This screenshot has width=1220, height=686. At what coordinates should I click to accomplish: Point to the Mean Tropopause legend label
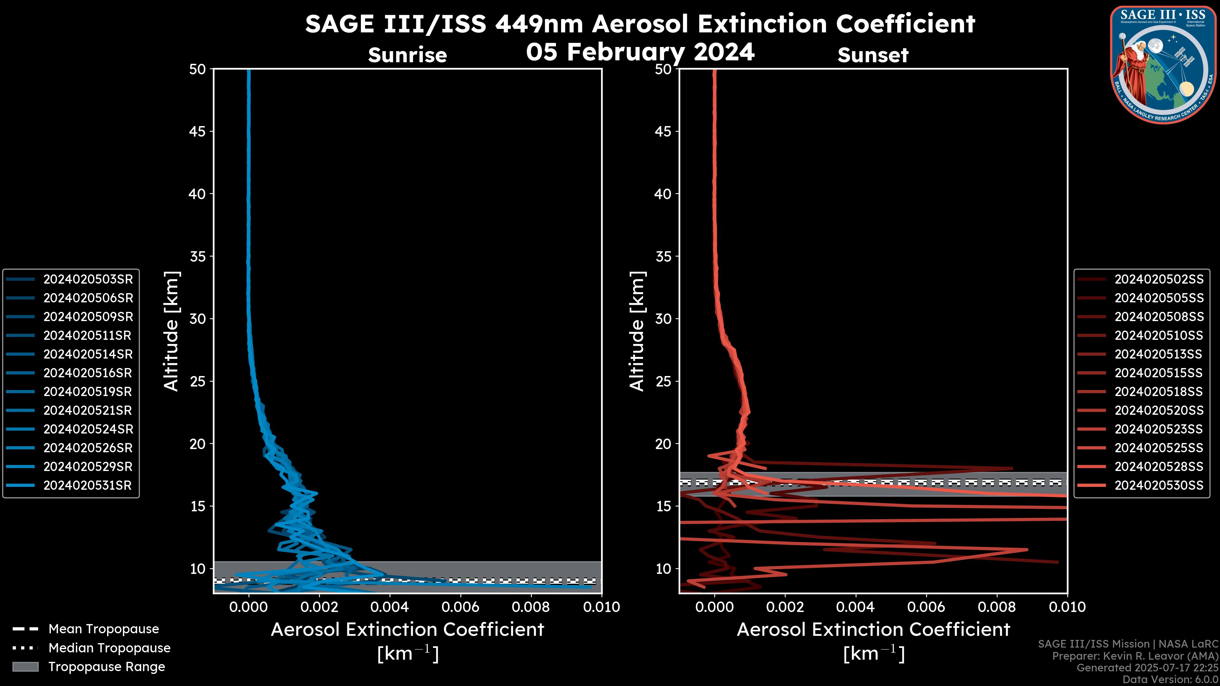click(x=104, y=629)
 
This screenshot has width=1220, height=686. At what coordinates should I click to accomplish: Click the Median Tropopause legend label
click(x=109, y=648)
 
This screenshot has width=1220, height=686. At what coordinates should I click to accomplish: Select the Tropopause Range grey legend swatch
click(x=25, y=667)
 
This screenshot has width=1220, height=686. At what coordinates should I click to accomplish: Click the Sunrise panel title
click(x=407, y=55)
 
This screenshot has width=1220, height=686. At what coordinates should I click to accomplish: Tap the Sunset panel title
click(x=873, y=55)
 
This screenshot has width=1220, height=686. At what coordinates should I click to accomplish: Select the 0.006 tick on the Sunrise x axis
click(x=460, y=607)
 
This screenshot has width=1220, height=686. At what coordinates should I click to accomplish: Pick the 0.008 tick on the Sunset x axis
click(x=997, y=607)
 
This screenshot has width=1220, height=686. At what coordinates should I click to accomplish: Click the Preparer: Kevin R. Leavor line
click(x=1135, y=656)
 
